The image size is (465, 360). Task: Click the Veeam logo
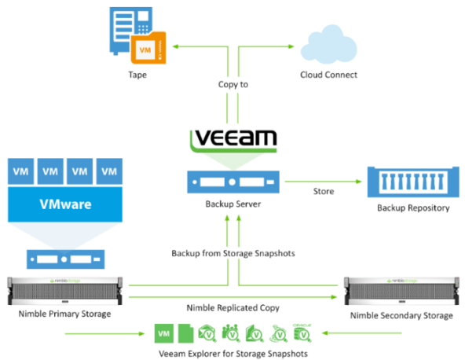[x=233, y=141]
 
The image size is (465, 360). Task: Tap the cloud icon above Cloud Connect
[x=328, y=45]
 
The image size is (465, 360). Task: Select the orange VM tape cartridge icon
[x=148, y=48]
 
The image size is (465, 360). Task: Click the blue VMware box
[x=65, y=204]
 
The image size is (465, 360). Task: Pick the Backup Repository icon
[x=413, y=182]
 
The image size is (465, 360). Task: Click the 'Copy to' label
[x=233, y=85]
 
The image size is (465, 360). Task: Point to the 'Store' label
[x=324, y=192]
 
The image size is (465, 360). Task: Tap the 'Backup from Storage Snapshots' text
[x=233, y=253]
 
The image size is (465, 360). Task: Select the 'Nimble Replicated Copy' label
[x=233, y=308]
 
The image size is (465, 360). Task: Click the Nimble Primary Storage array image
[x=65, y=291]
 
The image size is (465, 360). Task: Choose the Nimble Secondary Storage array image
[x=401, y=291]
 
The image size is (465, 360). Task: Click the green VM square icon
[x=164, y=333]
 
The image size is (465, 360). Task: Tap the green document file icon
[x=186, y=333]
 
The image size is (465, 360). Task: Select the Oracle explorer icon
[x=302, y=333]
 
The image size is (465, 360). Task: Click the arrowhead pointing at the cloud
[x=291, y=46]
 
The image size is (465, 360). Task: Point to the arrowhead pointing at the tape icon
[x=175, y=46]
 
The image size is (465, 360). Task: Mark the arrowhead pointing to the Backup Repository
[x=359, y=182]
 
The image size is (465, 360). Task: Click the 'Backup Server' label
[x=233, y=204]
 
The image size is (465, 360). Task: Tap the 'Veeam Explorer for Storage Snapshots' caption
[x=233, y=354]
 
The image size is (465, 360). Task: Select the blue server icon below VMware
[x=65, y=259]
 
